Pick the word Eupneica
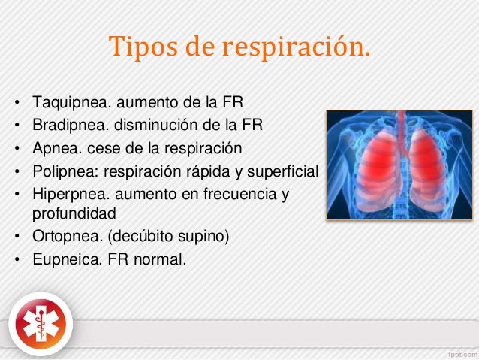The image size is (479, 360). click(x=59, y=261)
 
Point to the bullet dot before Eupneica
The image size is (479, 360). click(x=16, y=262)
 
